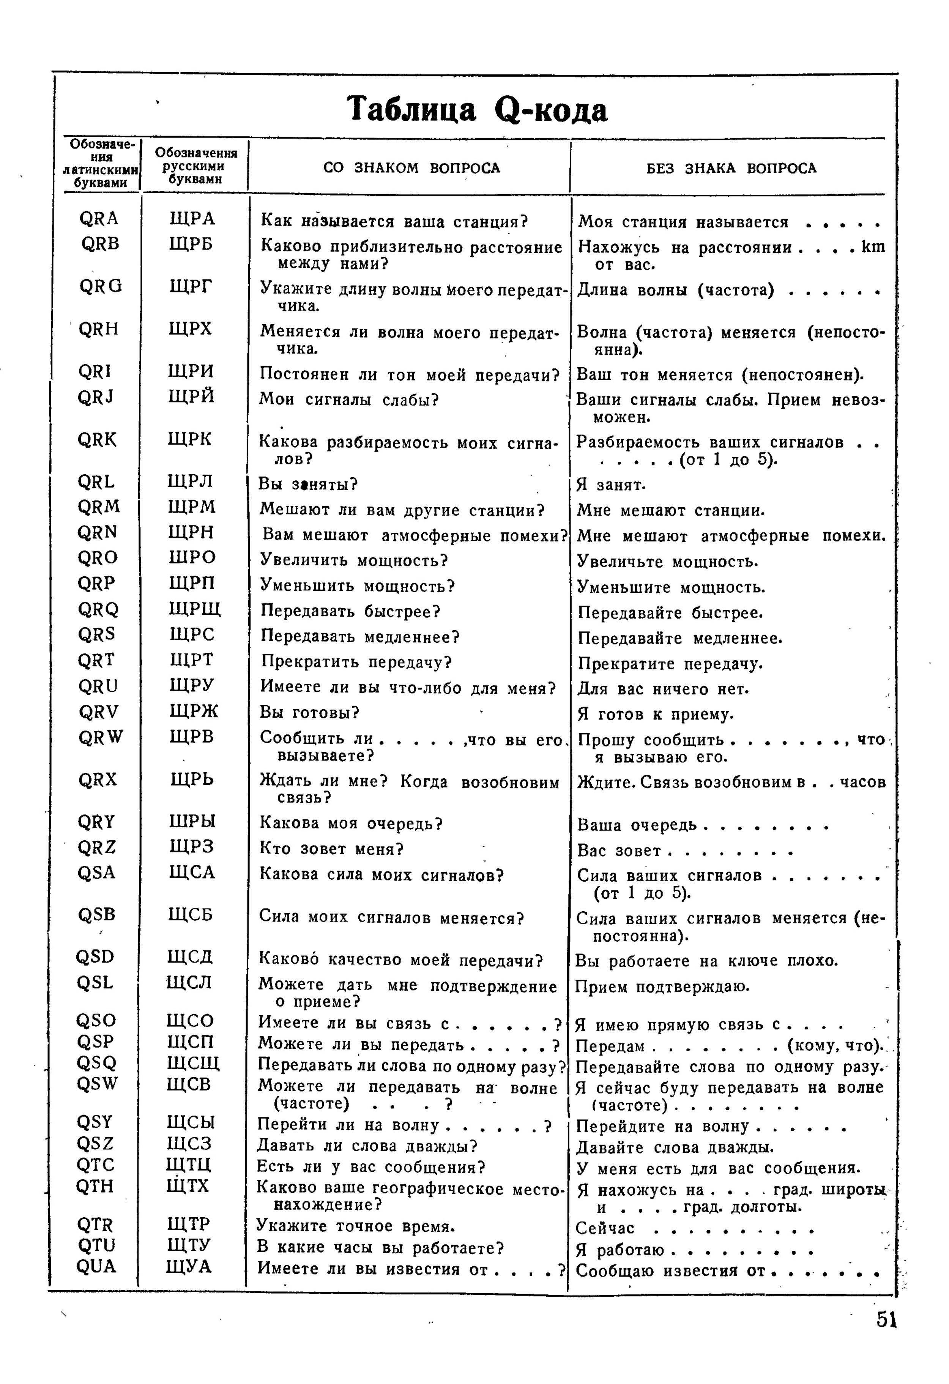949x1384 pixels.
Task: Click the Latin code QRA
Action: tap(99, 219)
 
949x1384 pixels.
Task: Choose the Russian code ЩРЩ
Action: tap(195, 609)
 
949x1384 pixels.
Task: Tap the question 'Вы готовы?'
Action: tap(310, 712)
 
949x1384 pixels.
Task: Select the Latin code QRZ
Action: tap(97, 847)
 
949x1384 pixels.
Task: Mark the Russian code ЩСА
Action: tap(191, 873)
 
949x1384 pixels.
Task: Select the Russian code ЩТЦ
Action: tap(189, 1164)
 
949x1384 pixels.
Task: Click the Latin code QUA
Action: tap(96, 1266)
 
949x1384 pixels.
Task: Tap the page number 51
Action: tap(886, 1320)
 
